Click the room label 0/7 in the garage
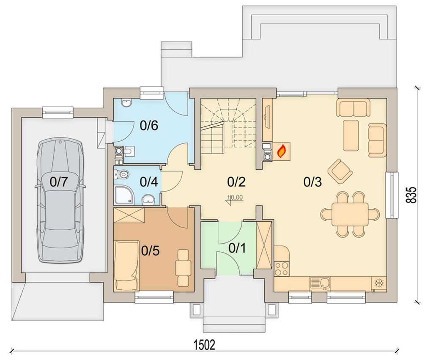pyautogui.click(x=58, y=182)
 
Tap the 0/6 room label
pyautogui.click(x=149, y=126)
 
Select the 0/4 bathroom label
pyautogui.click(x=149, y=182)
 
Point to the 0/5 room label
pyautogui.click(x=150, y=250)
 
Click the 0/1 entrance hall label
pyautogui.click(x=237, y=248)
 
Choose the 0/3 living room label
pyautogui.click(x=312, y=182)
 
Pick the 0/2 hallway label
pyautogui.click(x=236, y=182)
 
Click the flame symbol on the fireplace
pyautogui.click(x=282, y=151)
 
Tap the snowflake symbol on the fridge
pyautogui.click(x=379, y=283)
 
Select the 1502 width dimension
pyautogui.click(x=204, y=345)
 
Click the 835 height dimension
pyautogui.click(x=411, y=195)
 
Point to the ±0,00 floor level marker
pyautogui.click(x=235, y=197)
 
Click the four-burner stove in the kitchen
pyautogui.click(x=282, y=269)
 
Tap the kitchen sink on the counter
pyautogui.click(x=320, y=283)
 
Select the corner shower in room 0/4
pyautogui.click(x=124, y=195)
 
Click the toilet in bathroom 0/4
pyautogui.click(x=121, y=174)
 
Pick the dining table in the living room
pyautogui.click(x=350, y=214)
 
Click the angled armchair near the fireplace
pyautogui.click(x=340, y=171)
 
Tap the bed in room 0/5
pyautogui.click(x=126, y=266)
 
